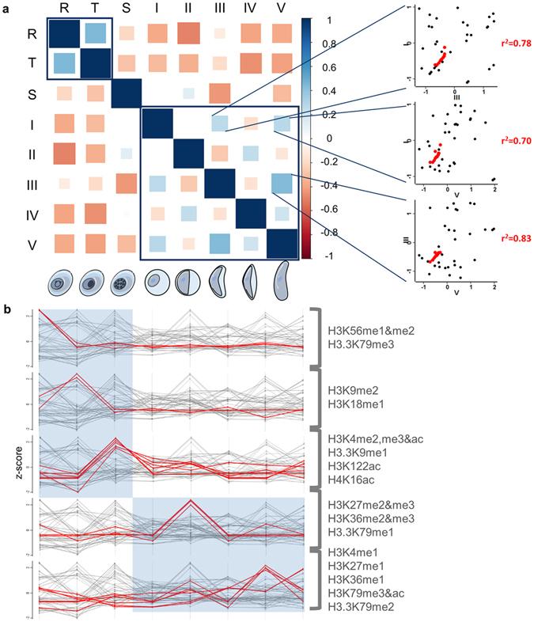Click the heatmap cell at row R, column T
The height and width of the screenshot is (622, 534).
click(94, 33)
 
